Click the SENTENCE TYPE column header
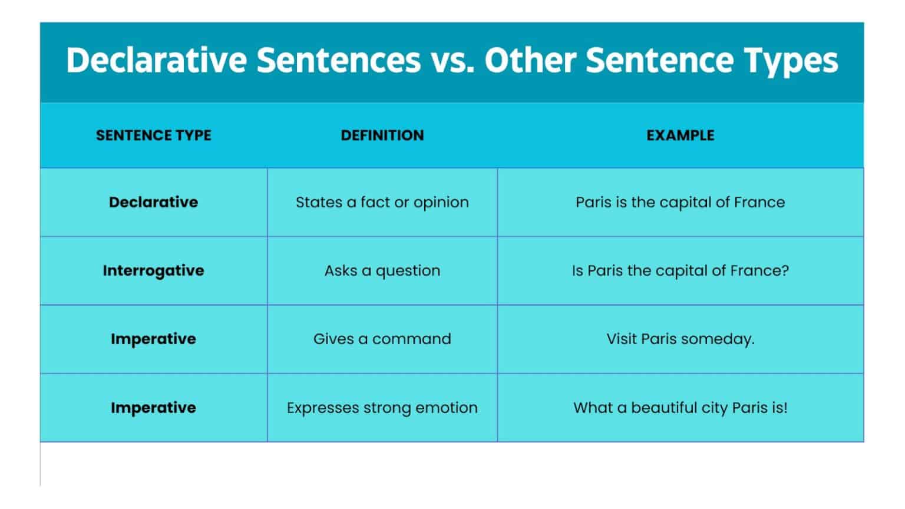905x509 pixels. tap(153, 135)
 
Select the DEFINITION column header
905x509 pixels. tap(382, 135)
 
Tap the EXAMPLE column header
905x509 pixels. tap(680, 135)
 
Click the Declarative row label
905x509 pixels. tap(153, 202)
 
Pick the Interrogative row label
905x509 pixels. tap(153, 270)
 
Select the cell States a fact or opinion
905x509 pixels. tap(382, 202)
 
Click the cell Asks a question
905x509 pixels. tap(382, 270)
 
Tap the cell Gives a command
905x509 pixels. tap(382, 339)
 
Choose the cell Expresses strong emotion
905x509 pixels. tap(382, 408)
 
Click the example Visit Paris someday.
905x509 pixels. tap(680, 339)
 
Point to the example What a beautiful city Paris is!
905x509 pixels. tap(680, 408)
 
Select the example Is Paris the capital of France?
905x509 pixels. tap(680, 270)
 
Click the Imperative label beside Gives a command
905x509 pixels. tap(153, 339)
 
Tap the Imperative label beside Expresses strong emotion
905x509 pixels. tap(153, 408)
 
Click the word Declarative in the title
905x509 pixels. tap(156, 60)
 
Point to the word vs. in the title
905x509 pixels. tap(452, 60)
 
